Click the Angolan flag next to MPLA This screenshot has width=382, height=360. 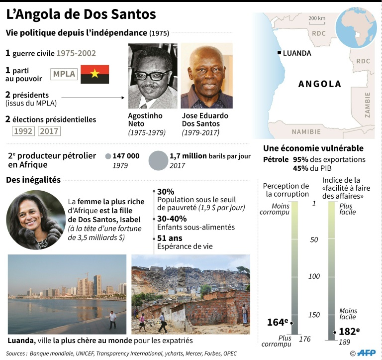(95, 74)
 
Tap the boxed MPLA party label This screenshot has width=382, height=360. (65, 74)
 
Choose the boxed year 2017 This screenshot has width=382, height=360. (49, 131)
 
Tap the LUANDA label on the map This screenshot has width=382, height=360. (297, 53)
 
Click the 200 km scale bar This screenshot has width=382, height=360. (317, 22)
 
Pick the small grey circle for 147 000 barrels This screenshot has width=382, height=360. (108, 156)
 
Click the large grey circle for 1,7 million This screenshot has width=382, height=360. (159, 160)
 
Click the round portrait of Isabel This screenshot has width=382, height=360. (35, 220)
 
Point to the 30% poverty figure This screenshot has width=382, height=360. (166, 192)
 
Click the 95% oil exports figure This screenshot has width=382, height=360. (301, 159)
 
